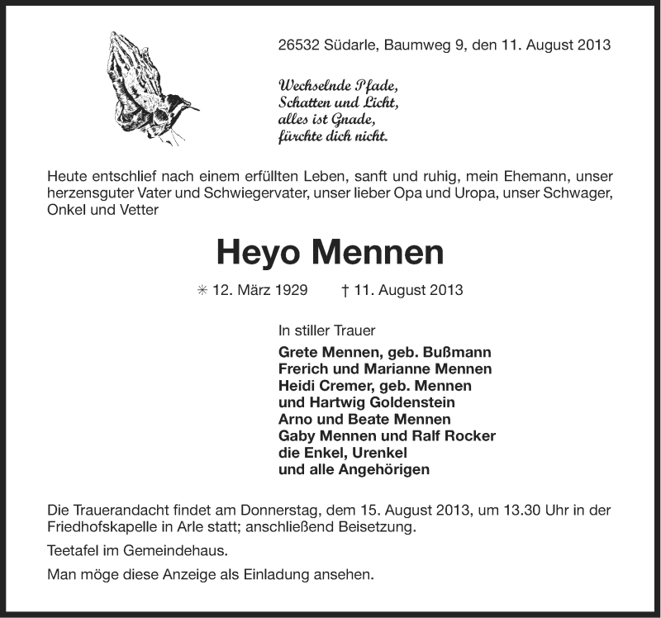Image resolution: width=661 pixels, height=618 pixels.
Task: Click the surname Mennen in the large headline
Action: pos(388,253)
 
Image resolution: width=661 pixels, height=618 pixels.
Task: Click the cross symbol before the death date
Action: pos(344,291)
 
